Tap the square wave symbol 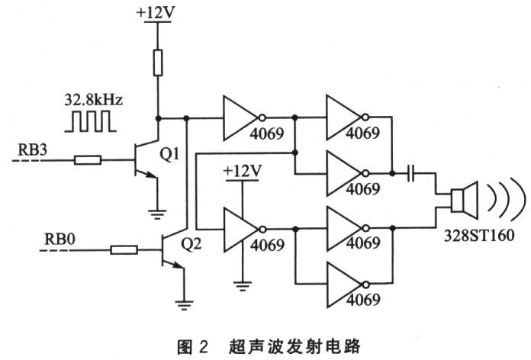(88, 121)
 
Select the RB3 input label (31, 150)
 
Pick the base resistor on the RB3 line (88, 160)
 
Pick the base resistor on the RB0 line (123, 249)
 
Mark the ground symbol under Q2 (185, 303)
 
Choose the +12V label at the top (159, 12)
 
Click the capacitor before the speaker (413, 174)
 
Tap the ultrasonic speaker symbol (461, 200)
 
